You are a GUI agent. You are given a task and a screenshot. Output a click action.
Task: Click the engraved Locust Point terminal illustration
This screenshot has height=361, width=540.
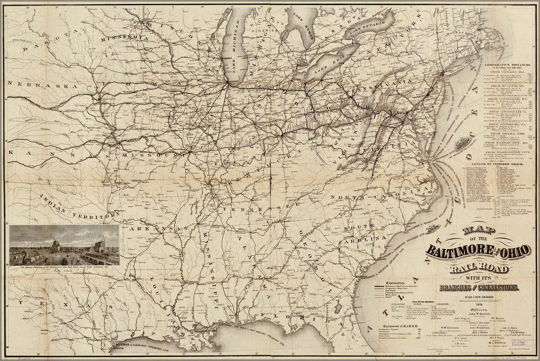pos(64,244)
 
